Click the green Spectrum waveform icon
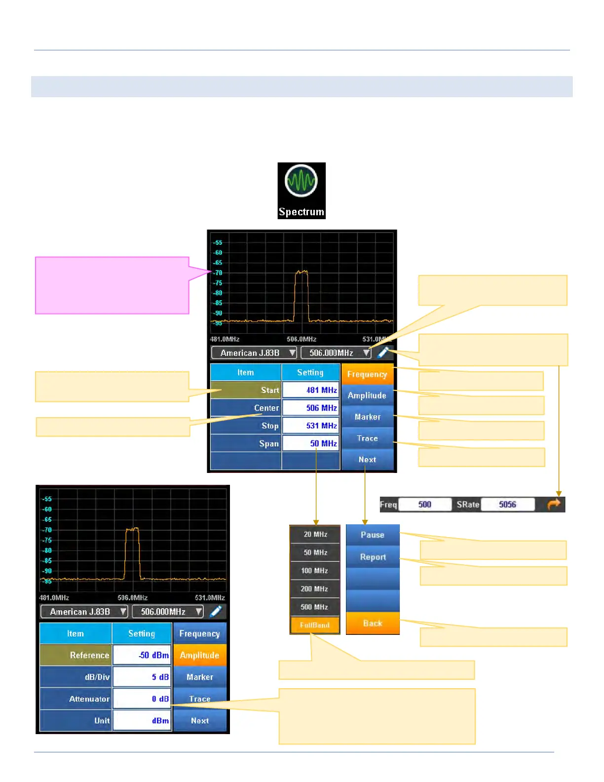[301, 181]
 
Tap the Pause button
[373, 535]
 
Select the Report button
[373, 557]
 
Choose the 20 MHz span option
[315, 534]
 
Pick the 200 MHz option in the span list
[315, 588]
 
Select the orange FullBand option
[315, 625]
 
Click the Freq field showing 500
[424, 505]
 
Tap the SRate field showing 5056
[507, 505]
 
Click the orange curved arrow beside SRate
[554, 504]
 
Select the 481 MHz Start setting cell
[311, 390]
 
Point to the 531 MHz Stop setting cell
[311, 426]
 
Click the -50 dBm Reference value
[142, 655]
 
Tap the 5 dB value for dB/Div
[142, 677]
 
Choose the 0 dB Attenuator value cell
[142, 699]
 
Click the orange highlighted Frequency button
[367, 374]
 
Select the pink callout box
[112, 285]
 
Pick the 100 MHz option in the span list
[315, 570]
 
